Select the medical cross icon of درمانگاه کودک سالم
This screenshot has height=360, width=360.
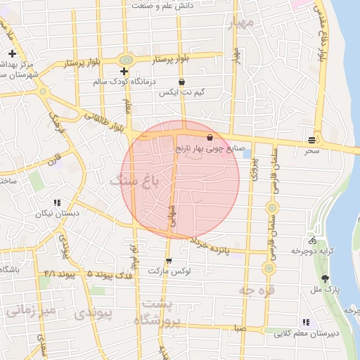(x=124, y=72)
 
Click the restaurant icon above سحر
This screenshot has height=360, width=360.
(x=311, y=139)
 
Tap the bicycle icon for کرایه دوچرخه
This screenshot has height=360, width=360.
(x=312, y=240)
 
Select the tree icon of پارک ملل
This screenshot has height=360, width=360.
(x=325, y=278)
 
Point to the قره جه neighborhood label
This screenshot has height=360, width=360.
(x=257, y=289)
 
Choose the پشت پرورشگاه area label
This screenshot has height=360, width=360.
(x=161, y=314)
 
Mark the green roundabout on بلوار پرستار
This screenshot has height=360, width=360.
(x=126, y=60)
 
